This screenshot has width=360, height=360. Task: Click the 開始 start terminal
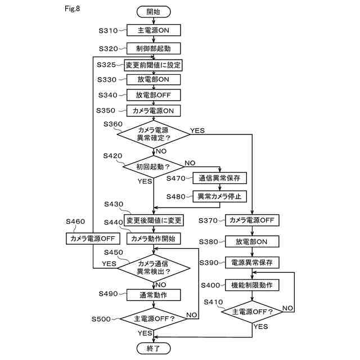coord(153,11)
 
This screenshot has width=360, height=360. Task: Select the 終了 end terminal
coord(153,349)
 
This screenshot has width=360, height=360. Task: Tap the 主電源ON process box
coord(153,30)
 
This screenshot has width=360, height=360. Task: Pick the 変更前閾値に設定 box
coord(153,65)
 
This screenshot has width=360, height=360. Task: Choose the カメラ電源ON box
coord(153,110)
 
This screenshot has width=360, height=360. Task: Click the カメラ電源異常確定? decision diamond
coord(154,134)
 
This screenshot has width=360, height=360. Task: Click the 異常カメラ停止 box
coord(220,196)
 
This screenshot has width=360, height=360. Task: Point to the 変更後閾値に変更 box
coord(154,220)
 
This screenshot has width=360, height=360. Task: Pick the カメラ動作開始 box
coord(154,238)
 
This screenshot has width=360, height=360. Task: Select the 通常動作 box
coord(154,294)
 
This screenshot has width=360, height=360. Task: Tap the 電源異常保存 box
coord(252,263)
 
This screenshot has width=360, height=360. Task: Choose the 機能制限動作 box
coord(252,285)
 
